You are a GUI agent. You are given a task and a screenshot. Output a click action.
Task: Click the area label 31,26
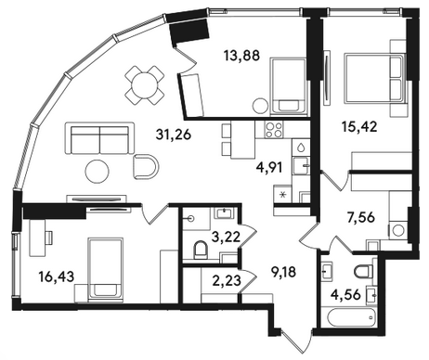174,135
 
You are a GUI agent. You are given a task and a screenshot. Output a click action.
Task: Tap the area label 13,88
241,56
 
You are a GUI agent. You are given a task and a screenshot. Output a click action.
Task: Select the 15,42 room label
359,126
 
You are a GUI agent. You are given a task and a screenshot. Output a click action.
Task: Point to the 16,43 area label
57,276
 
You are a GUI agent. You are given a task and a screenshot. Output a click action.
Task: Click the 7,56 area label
361,218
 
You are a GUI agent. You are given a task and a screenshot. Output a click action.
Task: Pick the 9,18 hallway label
282,273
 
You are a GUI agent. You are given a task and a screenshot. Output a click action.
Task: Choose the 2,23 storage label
227,281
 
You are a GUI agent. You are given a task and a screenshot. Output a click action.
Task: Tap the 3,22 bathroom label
226,238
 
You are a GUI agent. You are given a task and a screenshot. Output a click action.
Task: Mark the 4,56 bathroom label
345,295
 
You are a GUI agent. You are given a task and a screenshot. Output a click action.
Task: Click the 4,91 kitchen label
269,168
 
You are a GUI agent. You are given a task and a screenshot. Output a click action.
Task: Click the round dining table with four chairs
144,85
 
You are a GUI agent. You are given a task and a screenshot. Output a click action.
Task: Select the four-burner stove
274,129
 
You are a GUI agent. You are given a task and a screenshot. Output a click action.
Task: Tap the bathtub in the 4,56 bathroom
349,316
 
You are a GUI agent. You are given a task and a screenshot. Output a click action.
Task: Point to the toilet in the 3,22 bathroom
201,251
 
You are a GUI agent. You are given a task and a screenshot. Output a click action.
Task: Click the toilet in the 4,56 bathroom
364,271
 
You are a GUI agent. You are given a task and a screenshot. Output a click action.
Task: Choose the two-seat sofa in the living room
99,138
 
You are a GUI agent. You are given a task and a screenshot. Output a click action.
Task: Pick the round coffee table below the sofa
97,172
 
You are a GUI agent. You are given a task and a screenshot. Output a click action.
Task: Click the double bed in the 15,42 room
375,78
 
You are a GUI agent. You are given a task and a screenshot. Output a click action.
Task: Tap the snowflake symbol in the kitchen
282,195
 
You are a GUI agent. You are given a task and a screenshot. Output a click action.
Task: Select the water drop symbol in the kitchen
302,148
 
